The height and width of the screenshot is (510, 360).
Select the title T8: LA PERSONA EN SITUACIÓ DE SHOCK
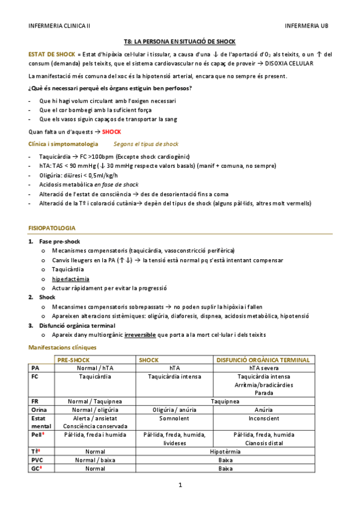click(180, 41)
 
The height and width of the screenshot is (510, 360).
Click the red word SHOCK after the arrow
click(112, 132)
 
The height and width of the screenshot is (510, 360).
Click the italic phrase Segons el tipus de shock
click(146, 144)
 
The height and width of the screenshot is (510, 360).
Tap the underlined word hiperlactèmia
click(71, 279)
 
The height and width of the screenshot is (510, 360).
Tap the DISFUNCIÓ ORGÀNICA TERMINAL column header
click(263, 360)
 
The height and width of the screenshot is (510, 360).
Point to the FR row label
click(35, 401)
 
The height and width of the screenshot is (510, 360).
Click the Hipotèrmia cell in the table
click(226, 450)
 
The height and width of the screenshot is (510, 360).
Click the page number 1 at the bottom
click(180, 485)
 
